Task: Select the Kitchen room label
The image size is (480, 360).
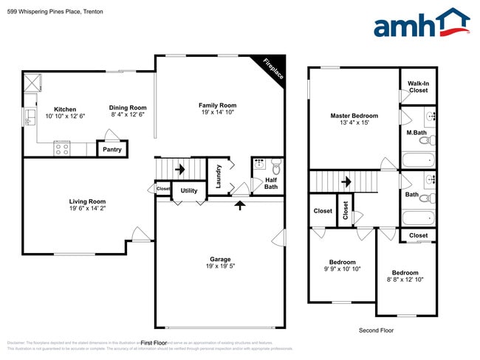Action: pos(65,109)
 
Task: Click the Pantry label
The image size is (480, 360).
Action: pos(112,150)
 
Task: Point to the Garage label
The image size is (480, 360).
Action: pos(220,259)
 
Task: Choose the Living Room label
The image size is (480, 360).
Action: pos(87,201)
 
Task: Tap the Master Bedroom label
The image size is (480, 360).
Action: pos(354,116)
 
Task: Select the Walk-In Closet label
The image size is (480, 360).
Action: pos(418,87)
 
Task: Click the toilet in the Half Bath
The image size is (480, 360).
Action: pos(275,165)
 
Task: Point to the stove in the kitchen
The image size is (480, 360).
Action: pos(61,149)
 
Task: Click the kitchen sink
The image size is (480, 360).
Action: pos(31,117)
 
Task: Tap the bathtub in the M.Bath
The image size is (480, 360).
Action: pos(419,159)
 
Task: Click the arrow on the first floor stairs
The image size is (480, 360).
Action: pos(179,169)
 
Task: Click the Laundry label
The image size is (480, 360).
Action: pos(219,176)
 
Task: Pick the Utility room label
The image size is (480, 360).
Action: pos(189,190)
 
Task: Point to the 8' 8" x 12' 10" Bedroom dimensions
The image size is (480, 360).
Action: pos(405,280)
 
